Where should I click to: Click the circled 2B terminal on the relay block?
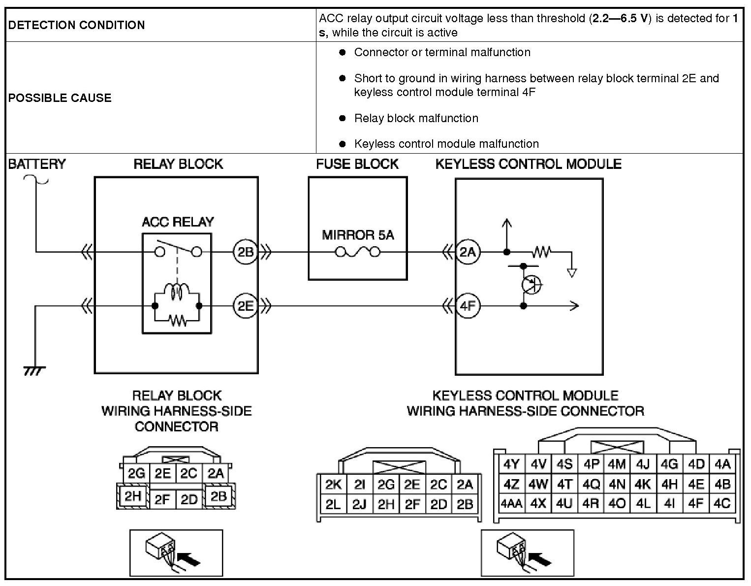click(245, 252)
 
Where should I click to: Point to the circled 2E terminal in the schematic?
click(245, 306)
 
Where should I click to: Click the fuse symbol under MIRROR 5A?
click(358, 252)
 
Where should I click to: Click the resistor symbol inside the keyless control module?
click(541, 252)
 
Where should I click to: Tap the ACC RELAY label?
click(178, 222)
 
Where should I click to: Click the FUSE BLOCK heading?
click(357, 164)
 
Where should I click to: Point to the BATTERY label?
click(36, 164)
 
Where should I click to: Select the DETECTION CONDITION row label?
click(76, 25)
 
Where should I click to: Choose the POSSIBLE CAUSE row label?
click(60, 98)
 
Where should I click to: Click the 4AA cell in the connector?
click(511, 504)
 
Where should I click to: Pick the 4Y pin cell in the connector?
click(512, 464)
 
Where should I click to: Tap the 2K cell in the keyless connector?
click(333, 485)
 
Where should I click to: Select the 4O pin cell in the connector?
click(617, 504)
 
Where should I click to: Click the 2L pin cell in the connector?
click(333, 504)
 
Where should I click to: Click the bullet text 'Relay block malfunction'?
click(416, 118)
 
